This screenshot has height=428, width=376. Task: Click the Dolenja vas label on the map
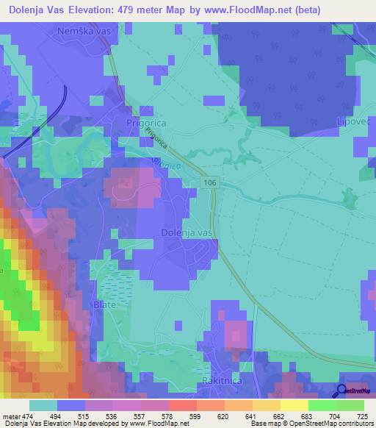187,232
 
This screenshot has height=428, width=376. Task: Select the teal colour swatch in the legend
43,406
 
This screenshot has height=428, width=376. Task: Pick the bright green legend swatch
322,406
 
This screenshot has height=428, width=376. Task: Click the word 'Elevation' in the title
90,10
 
